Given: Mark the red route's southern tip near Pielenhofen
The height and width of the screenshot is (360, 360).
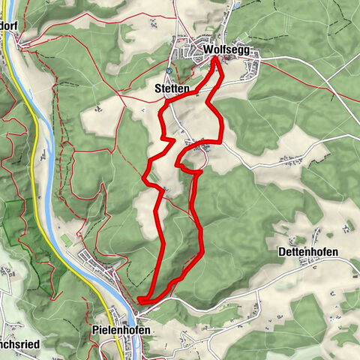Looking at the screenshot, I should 140,301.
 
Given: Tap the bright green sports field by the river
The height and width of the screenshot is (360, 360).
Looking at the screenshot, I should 66,239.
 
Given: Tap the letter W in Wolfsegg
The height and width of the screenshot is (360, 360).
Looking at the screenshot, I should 208,51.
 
